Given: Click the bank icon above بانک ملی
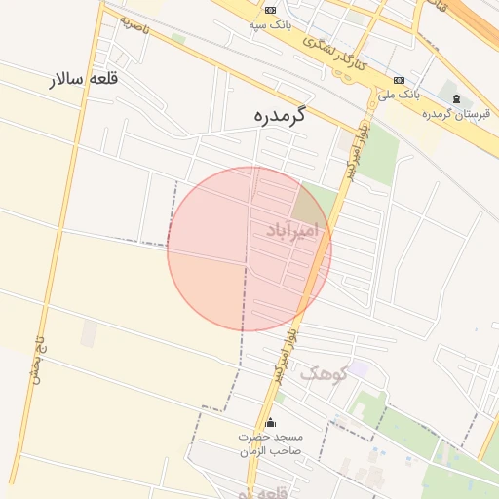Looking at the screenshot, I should point(398,80).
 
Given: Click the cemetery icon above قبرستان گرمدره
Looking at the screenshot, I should point(456,98).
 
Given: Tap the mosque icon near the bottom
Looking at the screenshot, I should point(271,422).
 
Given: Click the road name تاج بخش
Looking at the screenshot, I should point(39,361).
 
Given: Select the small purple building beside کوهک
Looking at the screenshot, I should point(359,368).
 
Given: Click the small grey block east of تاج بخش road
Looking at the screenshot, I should point(89,334).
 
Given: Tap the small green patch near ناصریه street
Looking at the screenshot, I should point(178,39).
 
